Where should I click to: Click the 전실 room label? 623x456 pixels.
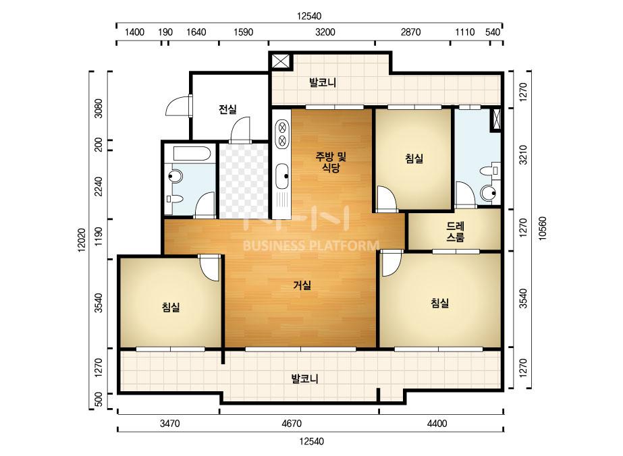(227, 109)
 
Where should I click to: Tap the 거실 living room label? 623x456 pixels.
(302, 285)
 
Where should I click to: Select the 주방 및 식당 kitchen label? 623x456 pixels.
(331, 162)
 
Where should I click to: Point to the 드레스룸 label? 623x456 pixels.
(456, 232)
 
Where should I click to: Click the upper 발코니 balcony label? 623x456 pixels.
(323, 82)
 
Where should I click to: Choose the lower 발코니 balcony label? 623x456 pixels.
(304, 378)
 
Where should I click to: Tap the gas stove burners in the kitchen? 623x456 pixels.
(282, 134)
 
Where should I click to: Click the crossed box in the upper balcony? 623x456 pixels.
(281, 61)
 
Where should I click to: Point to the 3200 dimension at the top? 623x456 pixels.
(325, 32)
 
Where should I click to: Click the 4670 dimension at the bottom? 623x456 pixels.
(291, 424)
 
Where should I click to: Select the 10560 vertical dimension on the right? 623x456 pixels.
(543, 228)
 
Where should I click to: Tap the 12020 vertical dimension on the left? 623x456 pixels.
(82, 240)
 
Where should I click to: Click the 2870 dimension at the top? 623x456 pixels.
(410, 32)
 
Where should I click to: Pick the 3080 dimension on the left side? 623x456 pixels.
(98, 108)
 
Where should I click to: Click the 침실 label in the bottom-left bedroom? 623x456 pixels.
(171, 307)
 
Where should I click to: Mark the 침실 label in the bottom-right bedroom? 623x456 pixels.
(440, 303)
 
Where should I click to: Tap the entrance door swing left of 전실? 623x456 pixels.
(177, 105)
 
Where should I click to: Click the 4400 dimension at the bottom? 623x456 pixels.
(437, 424)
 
